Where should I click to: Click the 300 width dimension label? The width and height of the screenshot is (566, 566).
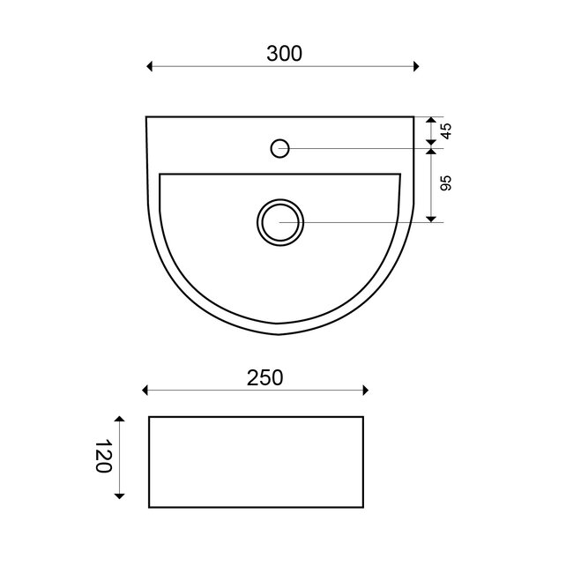284,53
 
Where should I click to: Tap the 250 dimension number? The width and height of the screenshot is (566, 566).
264,378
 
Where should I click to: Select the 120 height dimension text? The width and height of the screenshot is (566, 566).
103,457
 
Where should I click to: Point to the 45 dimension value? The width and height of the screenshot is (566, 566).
446,131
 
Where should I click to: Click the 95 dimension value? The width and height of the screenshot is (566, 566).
446,183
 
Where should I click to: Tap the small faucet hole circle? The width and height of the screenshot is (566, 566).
279,147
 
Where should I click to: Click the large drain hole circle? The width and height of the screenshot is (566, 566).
280,220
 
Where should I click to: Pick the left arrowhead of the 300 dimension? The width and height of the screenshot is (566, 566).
150,66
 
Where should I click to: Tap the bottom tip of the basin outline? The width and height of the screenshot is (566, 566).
279,335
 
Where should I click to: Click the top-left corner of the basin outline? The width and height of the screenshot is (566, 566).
146,116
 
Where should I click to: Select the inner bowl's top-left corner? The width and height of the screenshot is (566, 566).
160,175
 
